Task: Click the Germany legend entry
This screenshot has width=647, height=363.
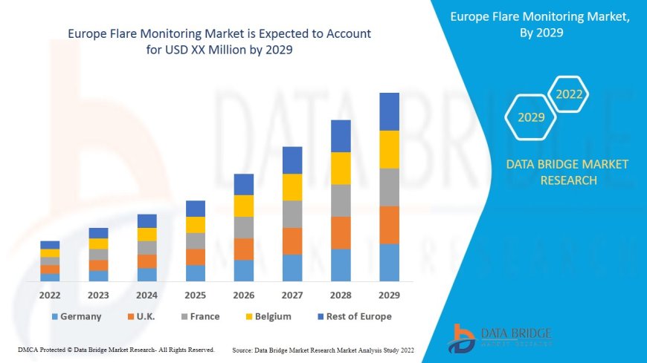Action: point(76,316)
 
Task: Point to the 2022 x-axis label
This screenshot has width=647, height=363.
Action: point(50,295)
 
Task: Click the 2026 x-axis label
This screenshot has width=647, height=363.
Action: point(244,295)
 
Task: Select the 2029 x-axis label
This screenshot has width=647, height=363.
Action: point(390,295)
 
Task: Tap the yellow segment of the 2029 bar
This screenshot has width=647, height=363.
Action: point(390,149)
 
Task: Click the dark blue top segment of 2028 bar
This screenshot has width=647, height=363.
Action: point(341,136)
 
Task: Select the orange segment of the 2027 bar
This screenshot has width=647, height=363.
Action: point(292,241)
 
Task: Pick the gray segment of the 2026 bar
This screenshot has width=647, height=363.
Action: point(244,227)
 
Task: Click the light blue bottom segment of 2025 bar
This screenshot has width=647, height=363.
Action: point(196,273)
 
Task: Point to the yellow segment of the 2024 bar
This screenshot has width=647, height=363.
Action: point(147,234)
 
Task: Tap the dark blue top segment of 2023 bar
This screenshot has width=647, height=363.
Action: point(98,233)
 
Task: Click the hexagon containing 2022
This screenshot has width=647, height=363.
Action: point(569,94)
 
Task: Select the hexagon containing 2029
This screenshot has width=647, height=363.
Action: point(531,117)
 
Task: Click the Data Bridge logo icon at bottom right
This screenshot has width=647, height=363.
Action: point(463,339)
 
